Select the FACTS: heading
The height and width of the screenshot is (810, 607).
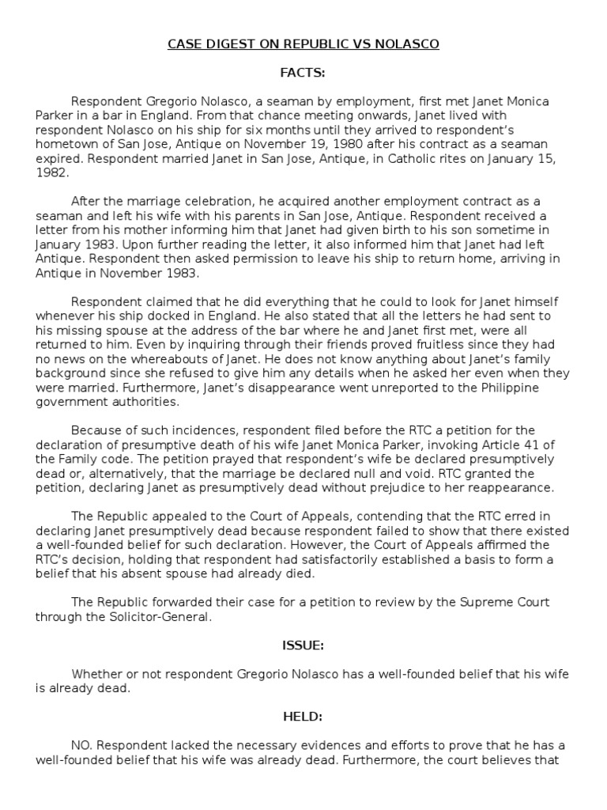click(x=303, y=73)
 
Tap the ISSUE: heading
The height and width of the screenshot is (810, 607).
click(x=303, y=645)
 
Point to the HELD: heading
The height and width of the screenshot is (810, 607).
click(x=303, y=717)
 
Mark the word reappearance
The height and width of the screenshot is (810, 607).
click(x=512, y=487)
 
